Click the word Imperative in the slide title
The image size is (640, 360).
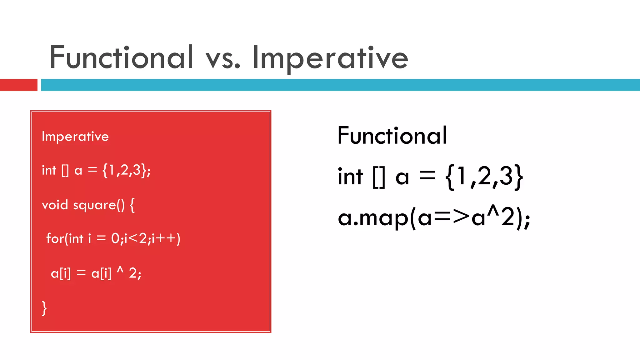pos(330,58)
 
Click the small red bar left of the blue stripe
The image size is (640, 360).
pos(18,85)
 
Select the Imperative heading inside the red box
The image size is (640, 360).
pos(75,137)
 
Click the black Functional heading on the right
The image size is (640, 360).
pos(392,136)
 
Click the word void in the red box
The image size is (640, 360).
pos(55,205)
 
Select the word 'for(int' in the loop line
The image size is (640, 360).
pos(65,239)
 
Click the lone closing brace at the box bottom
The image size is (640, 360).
pos(44,308)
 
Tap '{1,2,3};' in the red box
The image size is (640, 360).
pos(126,171)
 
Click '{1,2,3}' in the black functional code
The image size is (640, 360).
pos(484,177)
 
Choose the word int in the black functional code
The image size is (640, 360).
pos(350,177)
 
